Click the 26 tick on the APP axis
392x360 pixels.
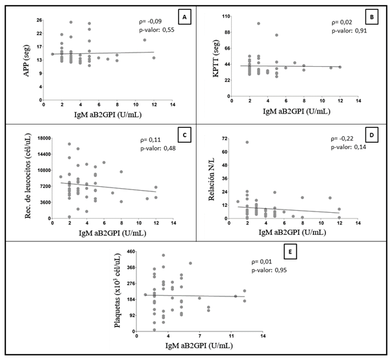[x=39, y=19]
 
